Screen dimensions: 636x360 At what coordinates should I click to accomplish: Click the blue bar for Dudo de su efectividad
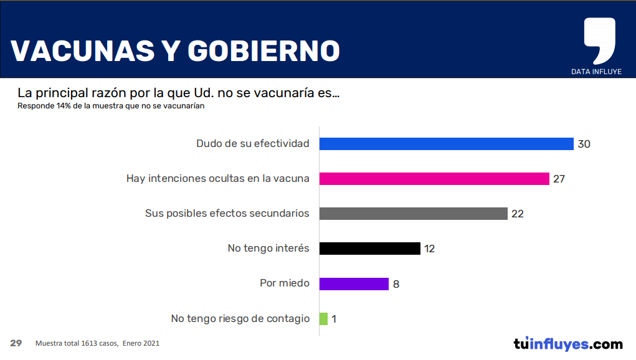pos(446,144)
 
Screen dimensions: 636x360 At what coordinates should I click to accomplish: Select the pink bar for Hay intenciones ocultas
pos(434,179)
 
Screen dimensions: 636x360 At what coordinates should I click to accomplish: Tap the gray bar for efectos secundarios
pos(414,214)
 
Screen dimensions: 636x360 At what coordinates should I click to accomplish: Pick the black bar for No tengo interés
pos(370,249)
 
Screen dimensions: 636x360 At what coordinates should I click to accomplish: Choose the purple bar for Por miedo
pos(354,284)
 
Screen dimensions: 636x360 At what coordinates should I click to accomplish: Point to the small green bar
pos(323,319)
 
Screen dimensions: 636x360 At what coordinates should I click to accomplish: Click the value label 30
pos(584,144)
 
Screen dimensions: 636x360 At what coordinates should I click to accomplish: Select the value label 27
pos(559,179)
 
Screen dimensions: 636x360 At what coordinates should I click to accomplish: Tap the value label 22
pos(518,214)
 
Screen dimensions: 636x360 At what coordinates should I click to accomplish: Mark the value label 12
pos(430,249)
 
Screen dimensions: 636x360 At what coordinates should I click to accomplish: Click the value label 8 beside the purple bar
pos(396,284)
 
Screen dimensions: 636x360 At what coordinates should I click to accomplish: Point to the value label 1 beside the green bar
pos(334,319)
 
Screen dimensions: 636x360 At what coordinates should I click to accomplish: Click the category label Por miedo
pos(285,283)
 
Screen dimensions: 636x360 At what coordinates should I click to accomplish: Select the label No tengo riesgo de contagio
pos(240,319)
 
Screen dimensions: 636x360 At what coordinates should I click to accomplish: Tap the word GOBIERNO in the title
pos(263,51)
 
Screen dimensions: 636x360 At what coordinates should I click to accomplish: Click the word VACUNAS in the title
pos(83,51)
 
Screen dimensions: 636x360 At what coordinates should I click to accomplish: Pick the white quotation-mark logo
pos(599,40)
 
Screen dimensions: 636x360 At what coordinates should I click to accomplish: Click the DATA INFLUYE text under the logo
pos(596,72)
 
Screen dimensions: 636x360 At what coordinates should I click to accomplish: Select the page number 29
pos(16,343)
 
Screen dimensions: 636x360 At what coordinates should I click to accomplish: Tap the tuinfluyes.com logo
pos(568,344)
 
